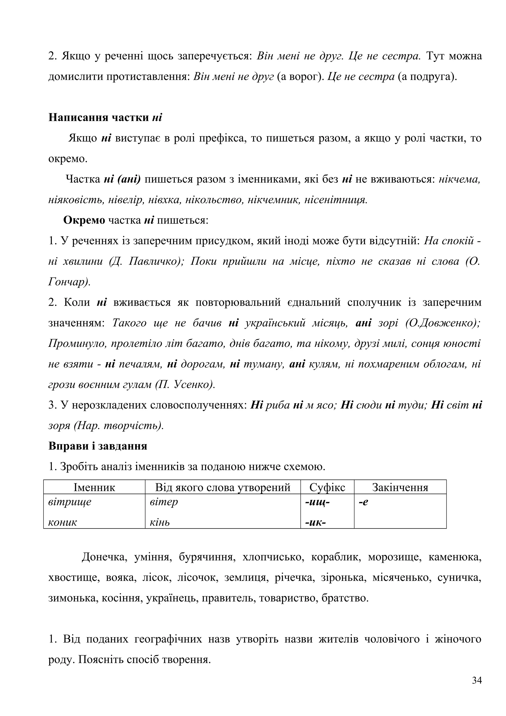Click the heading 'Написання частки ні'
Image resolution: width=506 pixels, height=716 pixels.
(x=105, y=118)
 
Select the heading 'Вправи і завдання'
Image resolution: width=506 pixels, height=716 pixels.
(x=98, y=446)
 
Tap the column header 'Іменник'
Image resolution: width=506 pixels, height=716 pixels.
(x=94, y=487)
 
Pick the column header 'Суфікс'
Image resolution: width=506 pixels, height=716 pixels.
(x=327, y=487)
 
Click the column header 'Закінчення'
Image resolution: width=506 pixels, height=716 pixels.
(x=400, y=487)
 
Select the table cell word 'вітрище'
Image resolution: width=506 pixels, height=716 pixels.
(x=70, y=502)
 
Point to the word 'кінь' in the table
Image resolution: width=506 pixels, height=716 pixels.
(x=160, y=522)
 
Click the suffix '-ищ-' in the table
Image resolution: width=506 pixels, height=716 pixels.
(x=317, y=502)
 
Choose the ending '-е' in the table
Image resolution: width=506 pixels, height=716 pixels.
(x=363, y=502)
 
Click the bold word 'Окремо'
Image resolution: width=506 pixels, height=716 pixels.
(x=84, y=220)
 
